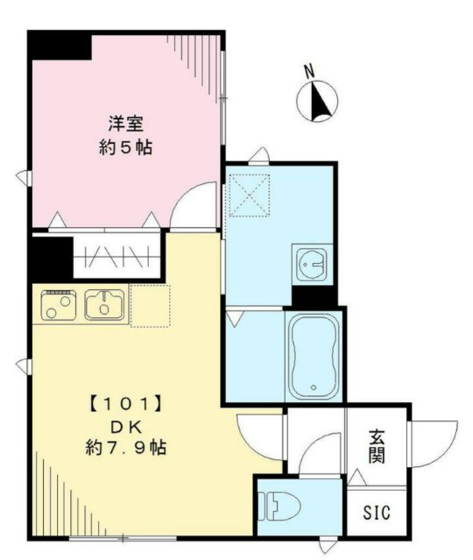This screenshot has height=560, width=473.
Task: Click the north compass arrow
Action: click(319, 101)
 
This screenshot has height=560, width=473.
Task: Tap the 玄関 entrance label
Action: click(376, 446)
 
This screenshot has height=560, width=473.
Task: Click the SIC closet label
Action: click(377, 512)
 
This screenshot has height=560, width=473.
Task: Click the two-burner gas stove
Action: click(57, 306)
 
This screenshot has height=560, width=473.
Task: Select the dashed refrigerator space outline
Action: click(150, 305)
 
